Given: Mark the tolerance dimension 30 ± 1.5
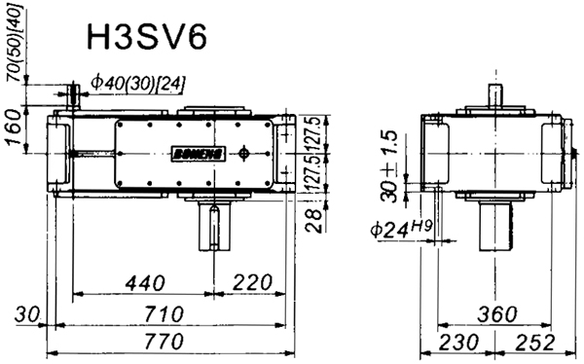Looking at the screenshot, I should click(x=390, y=167).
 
